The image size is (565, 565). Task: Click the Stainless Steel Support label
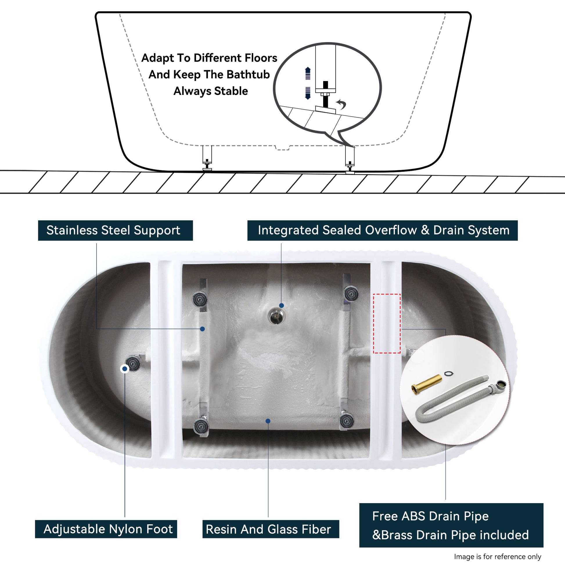[115, 231]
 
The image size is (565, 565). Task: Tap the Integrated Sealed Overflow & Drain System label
[382, 231]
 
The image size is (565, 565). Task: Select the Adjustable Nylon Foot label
[106, 529]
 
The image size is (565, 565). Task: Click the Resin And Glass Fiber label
[271, 529]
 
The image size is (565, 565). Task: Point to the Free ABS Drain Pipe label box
[451, 525]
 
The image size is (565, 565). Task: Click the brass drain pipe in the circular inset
[427, 385]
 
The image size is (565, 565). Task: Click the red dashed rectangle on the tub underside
[387, 323]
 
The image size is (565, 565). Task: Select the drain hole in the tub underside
[276, 316]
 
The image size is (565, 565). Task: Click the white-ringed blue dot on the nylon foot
[125, 369]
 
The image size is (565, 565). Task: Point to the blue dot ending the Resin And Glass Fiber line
[268, 421]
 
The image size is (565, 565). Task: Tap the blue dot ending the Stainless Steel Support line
[202, 329]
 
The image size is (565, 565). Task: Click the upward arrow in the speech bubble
[308, 73]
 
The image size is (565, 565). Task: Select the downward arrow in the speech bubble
[308, 93]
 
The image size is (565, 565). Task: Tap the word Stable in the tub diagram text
[231, 91]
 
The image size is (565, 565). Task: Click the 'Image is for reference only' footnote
[497, 557]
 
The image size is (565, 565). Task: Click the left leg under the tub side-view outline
[207, 158]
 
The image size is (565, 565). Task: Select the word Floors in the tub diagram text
[261, 58]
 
